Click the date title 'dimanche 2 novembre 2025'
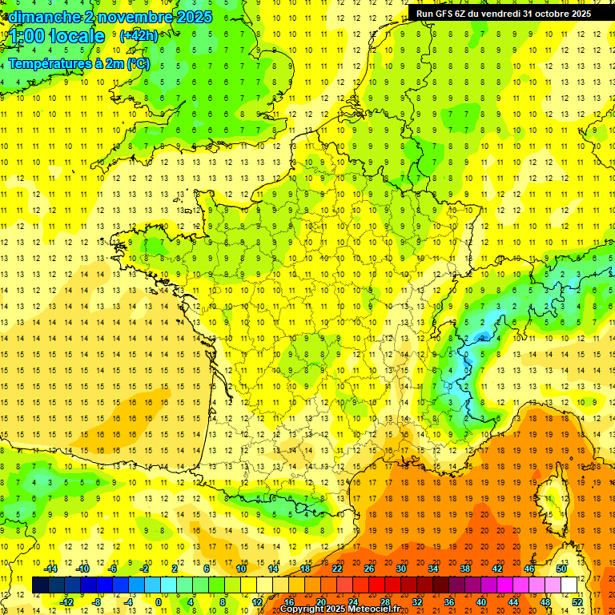coord(111,17)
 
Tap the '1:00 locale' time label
coord(58,36)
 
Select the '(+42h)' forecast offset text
coord(139,36)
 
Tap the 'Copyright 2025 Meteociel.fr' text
coord(340,609)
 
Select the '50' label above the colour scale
coord(561,569)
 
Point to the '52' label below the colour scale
coord(577,601)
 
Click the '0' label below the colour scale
coord(159,601)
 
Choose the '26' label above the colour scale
coord(369,569)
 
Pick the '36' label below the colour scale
coord(449,601)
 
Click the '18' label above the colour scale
coord(305,569)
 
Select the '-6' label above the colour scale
coord(114,569)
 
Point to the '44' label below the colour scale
coord(513,601)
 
